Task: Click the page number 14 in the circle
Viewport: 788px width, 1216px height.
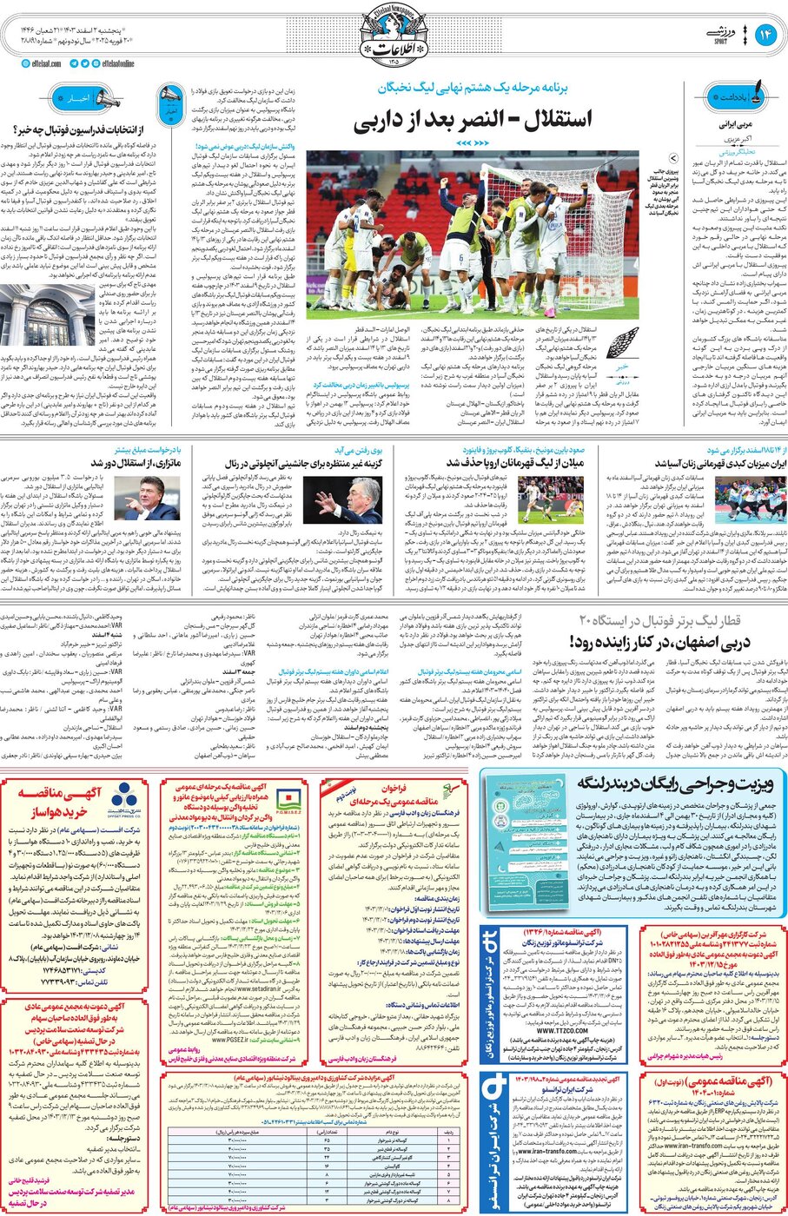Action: tap(766, 36)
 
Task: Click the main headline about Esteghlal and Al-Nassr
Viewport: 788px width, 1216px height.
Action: tap(473, 120)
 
